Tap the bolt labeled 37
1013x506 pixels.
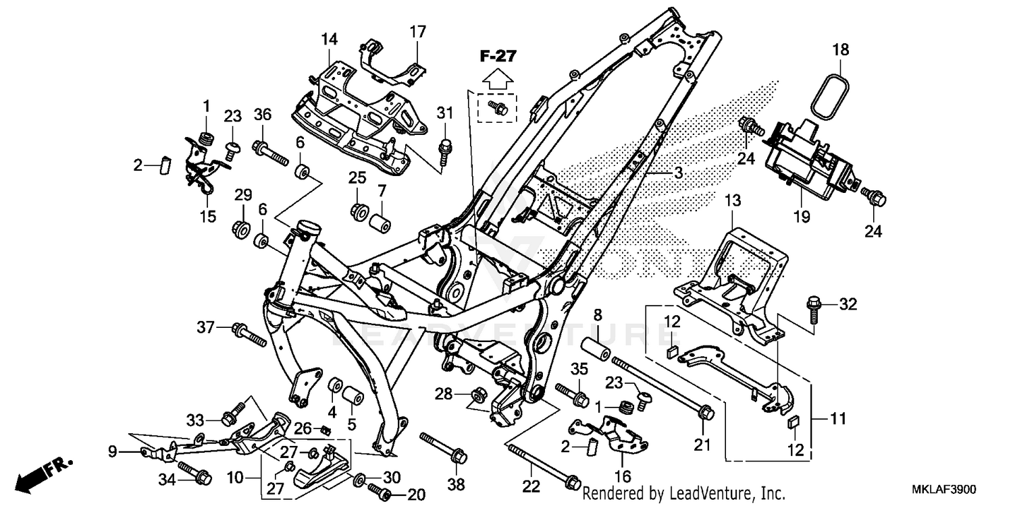click(x=246, y=333)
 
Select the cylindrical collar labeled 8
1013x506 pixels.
click(x=595, y=347)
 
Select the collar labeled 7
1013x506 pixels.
click(x=380, y=223)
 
